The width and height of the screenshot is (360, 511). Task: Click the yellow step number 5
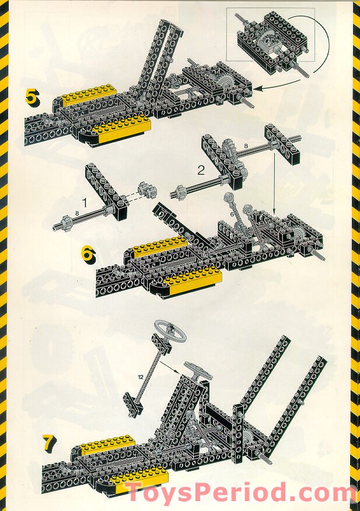tap(32, 97)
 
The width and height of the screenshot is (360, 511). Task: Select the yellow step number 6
tap(87, 254)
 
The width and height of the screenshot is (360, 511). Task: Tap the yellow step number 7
tap(49, 443)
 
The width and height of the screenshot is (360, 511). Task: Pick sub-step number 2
tap(201, 171)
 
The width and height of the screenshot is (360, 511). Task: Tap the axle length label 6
tap(232, 215)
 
